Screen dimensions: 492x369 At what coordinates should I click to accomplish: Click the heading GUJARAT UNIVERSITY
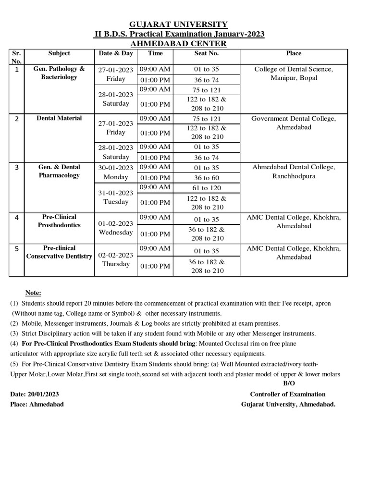[179, 24]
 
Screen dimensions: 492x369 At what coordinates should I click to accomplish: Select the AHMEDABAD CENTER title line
[179, 44]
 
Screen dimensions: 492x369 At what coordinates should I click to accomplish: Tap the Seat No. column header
[206, 53]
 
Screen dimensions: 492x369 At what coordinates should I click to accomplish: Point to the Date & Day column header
[116, 53]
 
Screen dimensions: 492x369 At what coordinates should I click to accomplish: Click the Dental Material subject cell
[59, 118]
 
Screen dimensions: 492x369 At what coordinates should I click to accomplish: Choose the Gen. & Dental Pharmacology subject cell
[59, 171]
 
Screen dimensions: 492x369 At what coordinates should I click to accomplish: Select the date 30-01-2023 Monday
[116, 172]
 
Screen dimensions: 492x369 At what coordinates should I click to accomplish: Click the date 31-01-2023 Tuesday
[116, 197]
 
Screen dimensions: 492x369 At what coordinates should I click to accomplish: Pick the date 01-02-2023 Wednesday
[116, 228]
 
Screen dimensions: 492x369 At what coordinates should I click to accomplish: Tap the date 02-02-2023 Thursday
[116, 259]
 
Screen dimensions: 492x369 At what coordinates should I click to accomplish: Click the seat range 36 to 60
[206, 177]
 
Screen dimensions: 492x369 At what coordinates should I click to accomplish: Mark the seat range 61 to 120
[206, 187]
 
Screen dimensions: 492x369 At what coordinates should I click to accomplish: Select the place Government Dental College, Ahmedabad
[294, 123]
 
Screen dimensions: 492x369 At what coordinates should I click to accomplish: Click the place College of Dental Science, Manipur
[294, 74]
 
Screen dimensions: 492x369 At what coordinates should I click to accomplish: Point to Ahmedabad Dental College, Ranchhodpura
[294, 172]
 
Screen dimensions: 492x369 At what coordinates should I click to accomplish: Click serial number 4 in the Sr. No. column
[17, 218]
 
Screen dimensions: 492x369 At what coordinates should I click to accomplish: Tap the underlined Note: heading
[33, 293]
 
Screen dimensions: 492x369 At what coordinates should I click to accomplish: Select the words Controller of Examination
[287, 394]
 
